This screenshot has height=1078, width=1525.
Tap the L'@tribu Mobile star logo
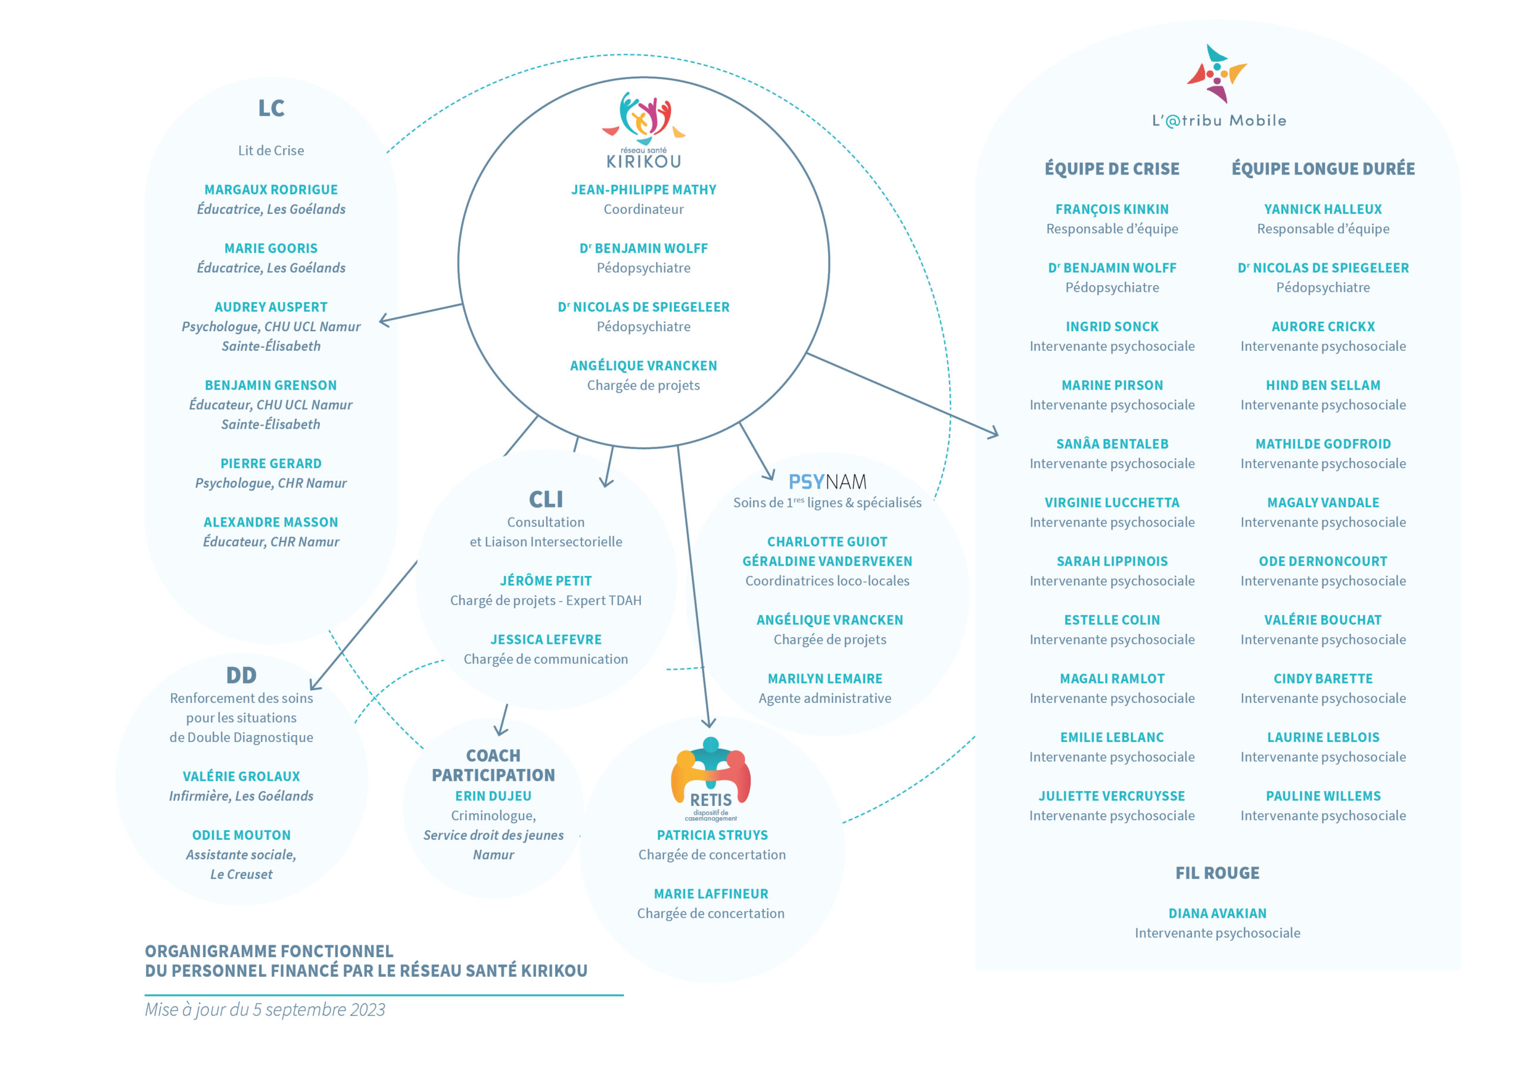(1217, 74)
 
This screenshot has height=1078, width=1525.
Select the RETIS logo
(711, 778)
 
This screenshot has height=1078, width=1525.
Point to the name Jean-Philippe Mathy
(643, 190)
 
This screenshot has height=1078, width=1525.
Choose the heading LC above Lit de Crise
(271, 108)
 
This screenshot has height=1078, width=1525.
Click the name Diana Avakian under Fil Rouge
(1218, 913)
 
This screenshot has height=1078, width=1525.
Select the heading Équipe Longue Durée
(1323, 169)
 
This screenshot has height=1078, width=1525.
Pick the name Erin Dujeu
(493, 796)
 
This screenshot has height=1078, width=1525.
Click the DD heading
(241, 675)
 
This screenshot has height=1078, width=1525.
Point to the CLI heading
(546, 499)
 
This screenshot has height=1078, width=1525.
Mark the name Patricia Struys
(712, 835)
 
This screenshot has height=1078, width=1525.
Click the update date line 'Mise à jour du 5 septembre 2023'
(265, 1010)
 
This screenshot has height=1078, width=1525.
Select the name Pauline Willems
(1323, 796)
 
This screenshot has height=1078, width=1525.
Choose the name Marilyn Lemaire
(825, 679)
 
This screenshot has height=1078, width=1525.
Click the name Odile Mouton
(241, 835)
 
